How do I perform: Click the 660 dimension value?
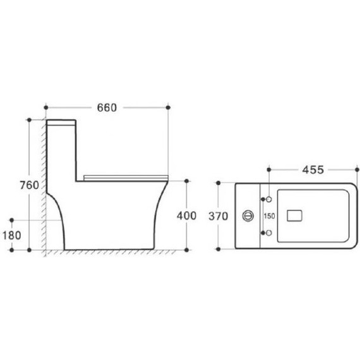click(x=107, y=107)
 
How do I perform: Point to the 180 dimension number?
click(x=12, y=236)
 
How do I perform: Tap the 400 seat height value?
click(x=187, y=215)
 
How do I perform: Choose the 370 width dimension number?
click(x=218, y=216)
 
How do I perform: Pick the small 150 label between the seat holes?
click(x=268, y=216)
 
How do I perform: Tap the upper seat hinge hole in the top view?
click(x=270, y=200)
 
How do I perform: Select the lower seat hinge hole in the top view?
click(x=270, y=233)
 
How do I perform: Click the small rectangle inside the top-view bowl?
click(x=295, y=216)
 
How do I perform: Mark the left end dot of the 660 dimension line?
click(x=47, y=107)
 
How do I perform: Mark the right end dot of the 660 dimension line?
click(x=168, y=107)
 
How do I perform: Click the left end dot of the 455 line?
click(x=270, y=169)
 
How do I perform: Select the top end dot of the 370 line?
click(x=219, y=183)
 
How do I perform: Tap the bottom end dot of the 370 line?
click(x=219, y=249)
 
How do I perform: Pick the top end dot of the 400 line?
click(x=187, y=181)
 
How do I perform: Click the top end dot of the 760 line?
click(x=29, y=119)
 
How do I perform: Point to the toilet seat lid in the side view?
click(x=126, y=175)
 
